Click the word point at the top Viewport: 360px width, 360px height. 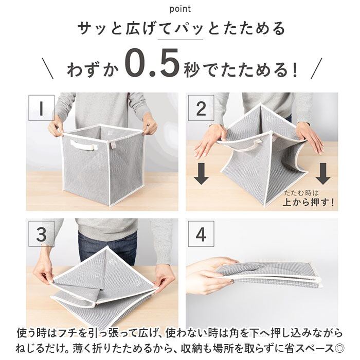pos(180,9)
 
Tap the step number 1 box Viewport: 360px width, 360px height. pos(41,107)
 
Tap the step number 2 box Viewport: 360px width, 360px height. pos(201,108)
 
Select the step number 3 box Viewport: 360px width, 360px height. pos(41,234)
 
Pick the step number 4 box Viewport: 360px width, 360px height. pos(201,234)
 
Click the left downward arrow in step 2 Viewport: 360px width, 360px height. pos(201,174)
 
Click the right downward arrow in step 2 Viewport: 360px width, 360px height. pos(323,174)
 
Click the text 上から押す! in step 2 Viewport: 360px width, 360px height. pos(309,202)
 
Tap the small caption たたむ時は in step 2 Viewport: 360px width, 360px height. pos(301,193)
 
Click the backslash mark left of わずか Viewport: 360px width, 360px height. pos(47,68)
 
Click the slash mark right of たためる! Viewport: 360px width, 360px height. pos(317,68)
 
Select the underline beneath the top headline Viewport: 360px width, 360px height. pos(180,40)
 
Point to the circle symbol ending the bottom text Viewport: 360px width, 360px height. pos(339,349)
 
